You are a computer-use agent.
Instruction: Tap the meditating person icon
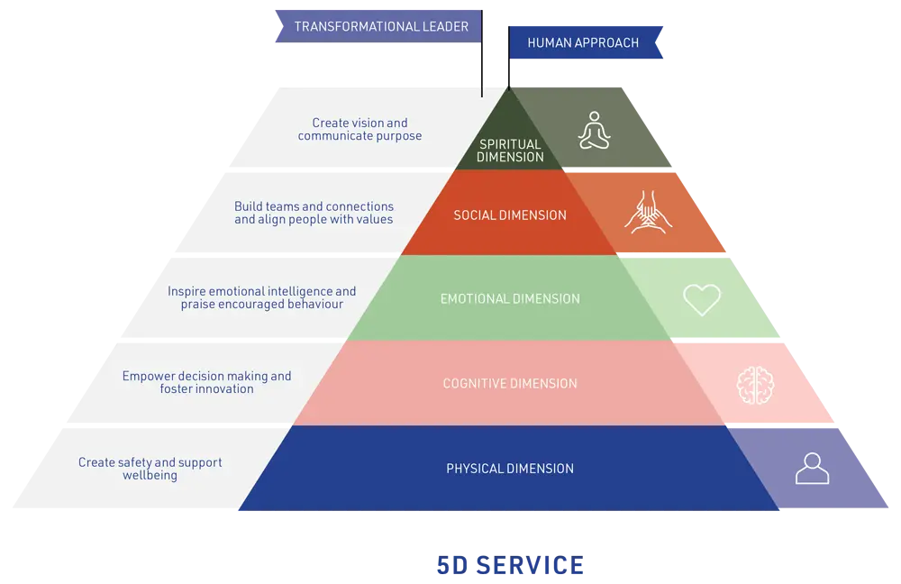point(594,130)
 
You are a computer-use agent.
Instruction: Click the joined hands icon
point(645,213)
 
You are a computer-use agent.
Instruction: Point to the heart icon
point(702,299)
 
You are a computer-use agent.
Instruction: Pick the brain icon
point(755,384)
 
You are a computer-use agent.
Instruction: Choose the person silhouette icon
point(812,468)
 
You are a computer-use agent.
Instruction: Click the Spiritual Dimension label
point(510,151)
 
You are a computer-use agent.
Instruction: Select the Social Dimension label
point(510,215)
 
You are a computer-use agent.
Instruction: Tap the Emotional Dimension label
point(510,299)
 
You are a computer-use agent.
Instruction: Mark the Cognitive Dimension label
point(510,384)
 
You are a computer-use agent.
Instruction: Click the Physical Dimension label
point(510,469)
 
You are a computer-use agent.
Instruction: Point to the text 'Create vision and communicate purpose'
point(359,129)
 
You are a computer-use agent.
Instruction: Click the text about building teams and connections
point(314,213)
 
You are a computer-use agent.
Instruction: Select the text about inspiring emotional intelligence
point(261,297)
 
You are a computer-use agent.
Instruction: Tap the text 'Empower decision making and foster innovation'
point(206,382)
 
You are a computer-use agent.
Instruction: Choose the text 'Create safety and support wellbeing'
point(150,469)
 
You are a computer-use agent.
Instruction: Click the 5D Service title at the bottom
point(508,566)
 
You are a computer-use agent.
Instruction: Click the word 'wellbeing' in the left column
point(150,475)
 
